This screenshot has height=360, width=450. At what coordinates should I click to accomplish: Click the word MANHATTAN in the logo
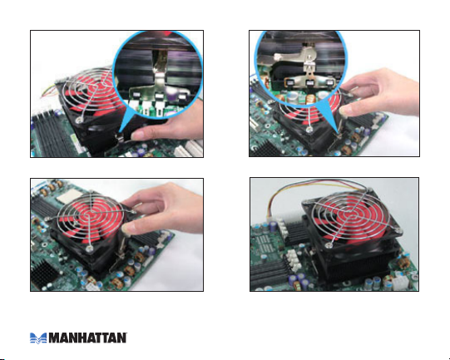pos(88,338)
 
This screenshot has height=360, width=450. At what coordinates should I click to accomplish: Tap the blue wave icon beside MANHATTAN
pos(38,338)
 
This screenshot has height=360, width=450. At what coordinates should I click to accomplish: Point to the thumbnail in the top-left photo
pos(137,134)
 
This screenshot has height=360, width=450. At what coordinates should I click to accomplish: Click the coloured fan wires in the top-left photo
pos(48,89)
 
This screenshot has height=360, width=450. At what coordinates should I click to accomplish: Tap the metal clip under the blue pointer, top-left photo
pos(121,136)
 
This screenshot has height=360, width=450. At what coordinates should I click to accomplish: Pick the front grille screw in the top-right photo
pos(309,130)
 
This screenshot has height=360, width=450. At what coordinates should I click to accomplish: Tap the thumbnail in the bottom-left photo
pos(127,229)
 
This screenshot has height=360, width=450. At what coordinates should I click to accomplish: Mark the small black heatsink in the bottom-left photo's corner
pos(42,274)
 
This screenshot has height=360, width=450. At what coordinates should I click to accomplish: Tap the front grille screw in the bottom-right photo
pos(329,245)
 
